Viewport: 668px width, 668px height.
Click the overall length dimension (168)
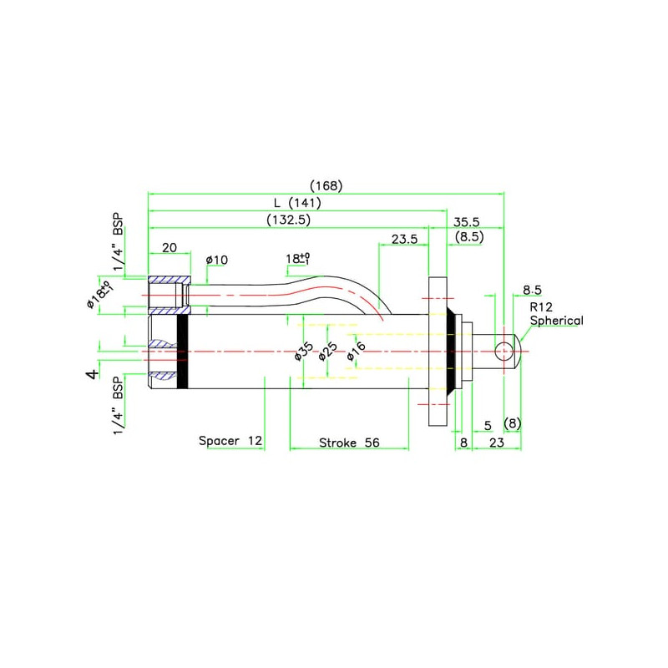[326, 185]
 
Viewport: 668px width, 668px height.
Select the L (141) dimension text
[297, 202]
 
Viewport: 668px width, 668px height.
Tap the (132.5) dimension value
[289, 220]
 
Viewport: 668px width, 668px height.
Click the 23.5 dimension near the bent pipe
[404, 239]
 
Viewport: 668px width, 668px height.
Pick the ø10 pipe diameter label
[216, 260]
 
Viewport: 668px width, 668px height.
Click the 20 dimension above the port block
[170, 247]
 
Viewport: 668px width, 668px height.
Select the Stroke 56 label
[349, 443]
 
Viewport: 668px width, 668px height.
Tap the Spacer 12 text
[230, 440]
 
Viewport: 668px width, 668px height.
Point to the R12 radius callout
[539, 306]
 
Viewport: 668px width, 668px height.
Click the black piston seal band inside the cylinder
[183, 351]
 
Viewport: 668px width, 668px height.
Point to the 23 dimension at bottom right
[496, 443]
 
